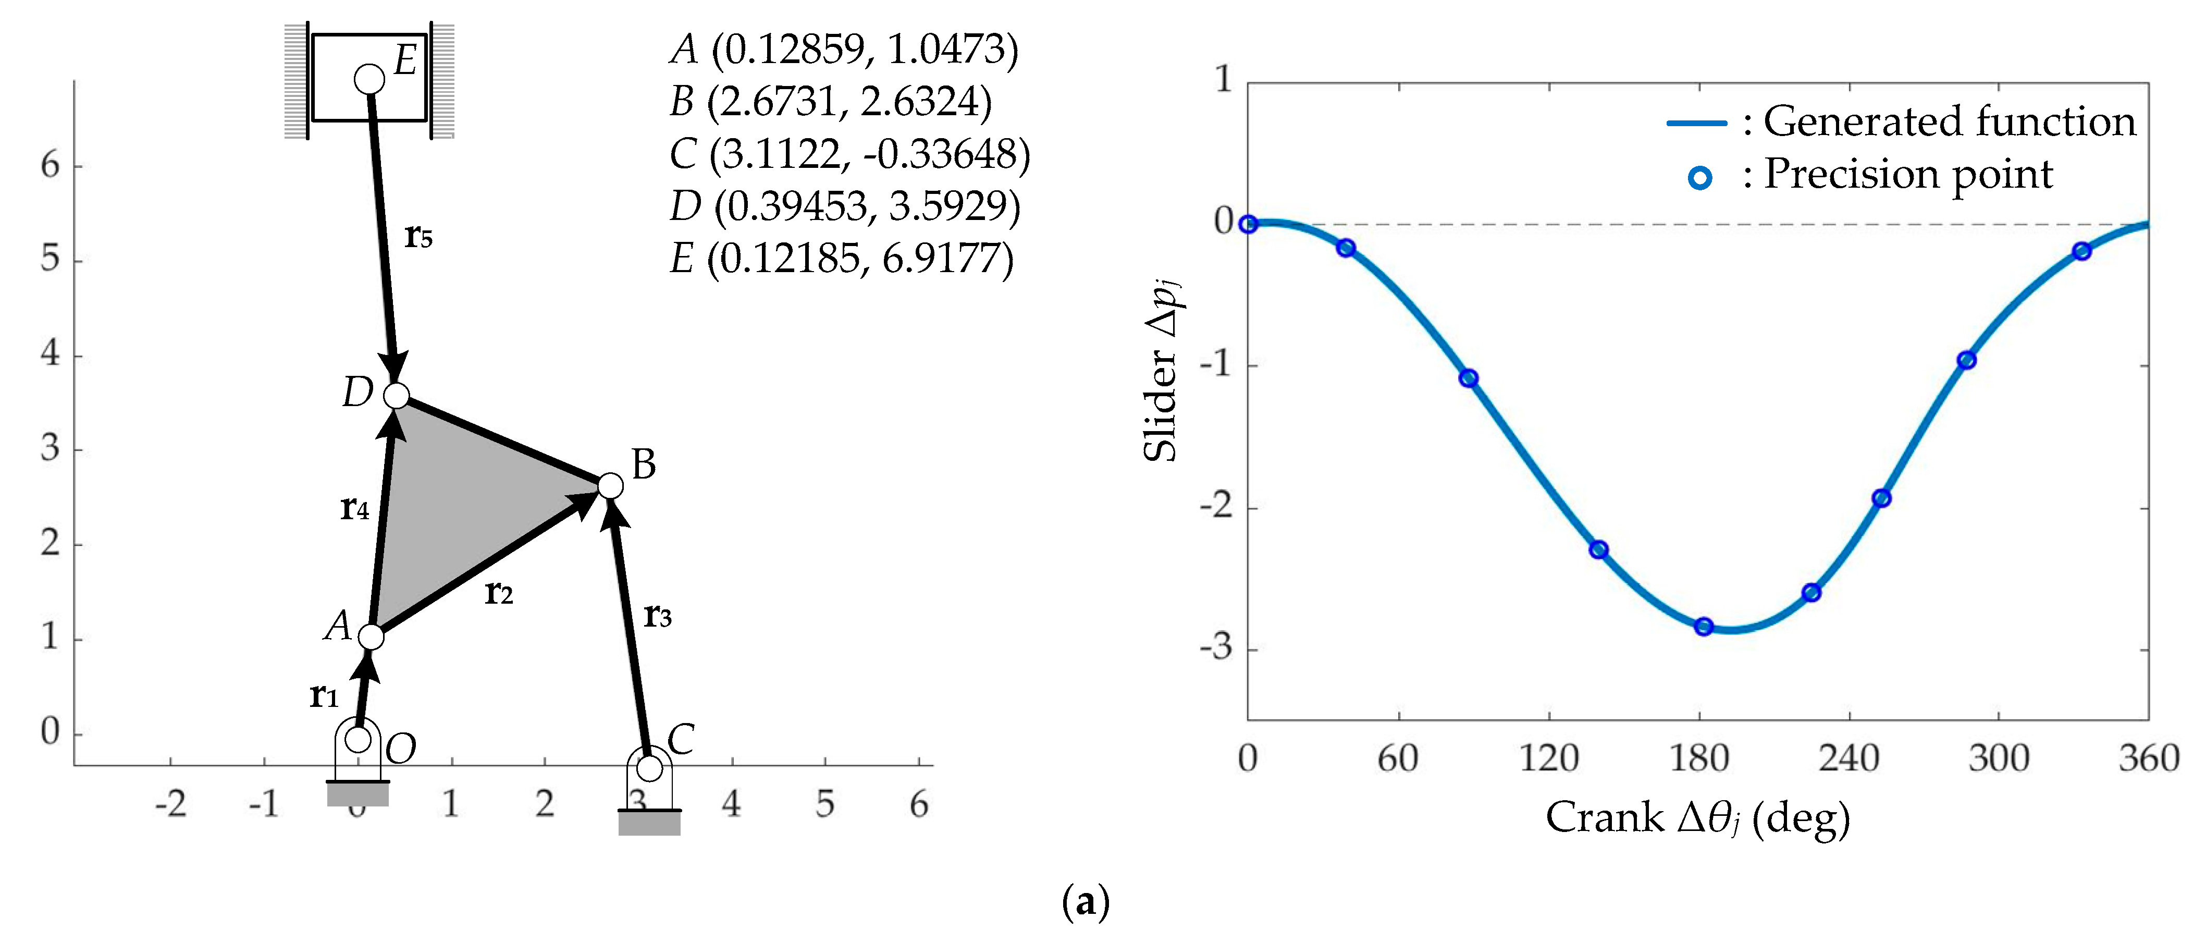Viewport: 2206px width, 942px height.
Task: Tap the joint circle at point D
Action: click(x=397, y=396)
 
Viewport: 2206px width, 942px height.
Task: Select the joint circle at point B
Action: click(x=610, y=485)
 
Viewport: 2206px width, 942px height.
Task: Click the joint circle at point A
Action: click(x=371, y=637)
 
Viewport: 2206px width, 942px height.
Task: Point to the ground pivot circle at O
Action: click(x=358, y=738)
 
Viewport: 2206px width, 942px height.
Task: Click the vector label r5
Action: click(x=418, y=236)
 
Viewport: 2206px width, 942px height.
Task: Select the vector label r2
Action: click(x=498, y=592)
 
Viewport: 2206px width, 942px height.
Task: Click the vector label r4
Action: click(x=354, y=508)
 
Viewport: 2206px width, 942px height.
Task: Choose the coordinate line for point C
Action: click(x=849, y=154)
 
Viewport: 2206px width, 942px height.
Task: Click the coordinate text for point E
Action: click(x=842, y=259)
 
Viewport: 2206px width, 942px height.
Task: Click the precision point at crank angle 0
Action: click(x=1249, y=224)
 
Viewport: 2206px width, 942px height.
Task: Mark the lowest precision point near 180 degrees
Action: click(x=1703, y=627)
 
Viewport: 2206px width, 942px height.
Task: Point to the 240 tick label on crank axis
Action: click(x=1849, y=759)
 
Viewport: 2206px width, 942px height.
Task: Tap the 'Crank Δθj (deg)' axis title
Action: click(x=1697, y=818)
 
